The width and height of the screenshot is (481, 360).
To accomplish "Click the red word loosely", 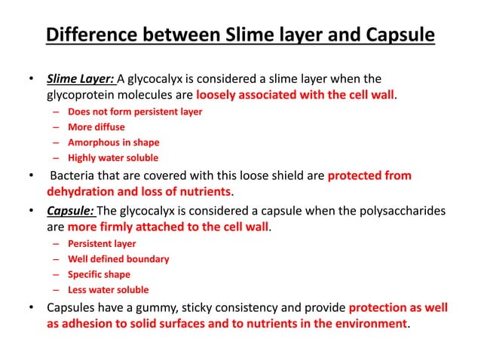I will (219, 96).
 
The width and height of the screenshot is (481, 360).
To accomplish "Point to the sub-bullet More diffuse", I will (98, 127).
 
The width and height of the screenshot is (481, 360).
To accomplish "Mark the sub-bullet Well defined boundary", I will (118, 259).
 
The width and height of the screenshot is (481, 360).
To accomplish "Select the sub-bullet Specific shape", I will (99, 274).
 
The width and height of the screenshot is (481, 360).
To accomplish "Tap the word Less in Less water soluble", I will (78, 289).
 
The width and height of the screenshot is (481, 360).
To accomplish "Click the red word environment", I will (365, 324).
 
